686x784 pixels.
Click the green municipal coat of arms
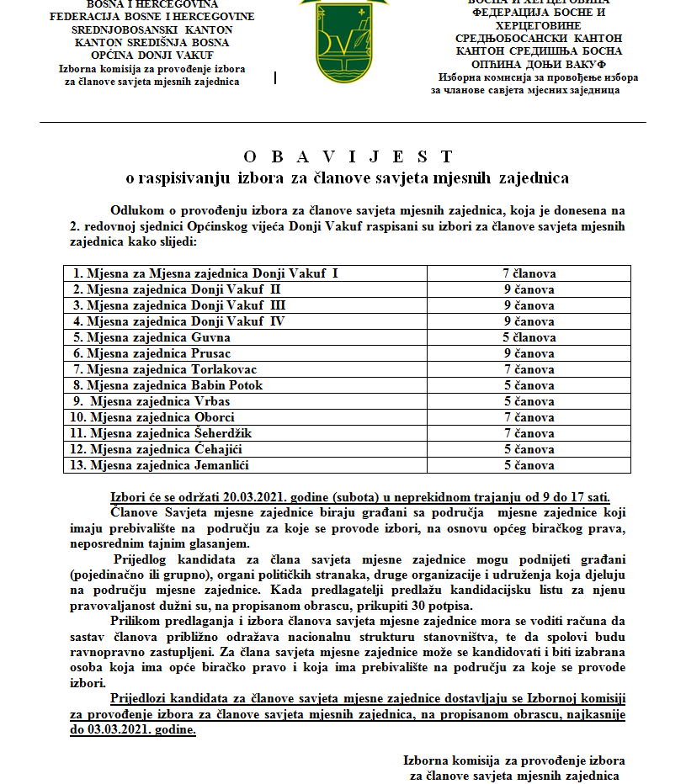[x=343, y=37]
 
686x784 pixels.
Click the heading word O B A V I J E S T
[x=348, y=157]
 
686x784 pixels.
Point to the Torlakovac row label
[x=165, y=369]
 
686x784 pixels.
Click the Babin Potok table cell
[x=168, y=385]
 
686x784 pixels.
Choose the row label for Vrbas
[x=152, y=401]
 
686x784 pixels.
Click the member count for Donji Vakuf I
[x=529, y=273]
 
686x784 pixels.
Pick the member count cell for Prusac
[x=529, y=353]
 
